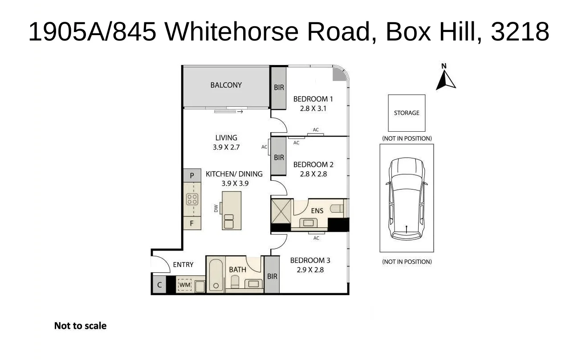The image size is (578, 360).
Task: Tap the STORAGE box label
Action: [407, 113]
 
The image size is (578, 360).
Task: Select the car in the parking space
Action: [407, 199]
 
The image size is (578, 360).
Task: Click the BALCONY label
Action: [226, 85]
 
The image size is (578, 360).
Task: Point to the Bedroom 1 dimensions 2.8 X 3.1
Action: [313, 108]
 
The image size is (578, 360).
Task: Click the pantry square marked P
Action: [192, 176]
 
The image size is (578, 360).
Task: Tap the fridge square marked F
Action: [192, 223]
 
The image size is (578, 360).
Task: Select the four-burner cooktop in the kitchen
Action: [192, 199]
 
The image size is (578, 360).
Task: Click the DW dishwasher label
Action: [216, 208]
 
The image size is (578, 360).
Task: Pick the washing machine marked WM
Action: [184, 285]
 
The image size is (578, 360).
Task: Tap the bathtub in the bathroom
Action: [216, 275]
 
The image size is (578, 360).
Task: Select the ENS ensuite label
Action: [317, 210]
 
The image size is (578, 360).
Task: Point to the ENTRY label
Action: [183, 265]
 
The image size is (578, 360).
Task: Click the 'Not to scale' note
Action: [80, 326]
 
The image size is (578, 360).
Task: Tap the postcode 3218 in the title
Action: [520, 32]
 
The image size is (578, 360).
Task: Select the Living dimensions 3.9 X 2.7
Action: [226, 147]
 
